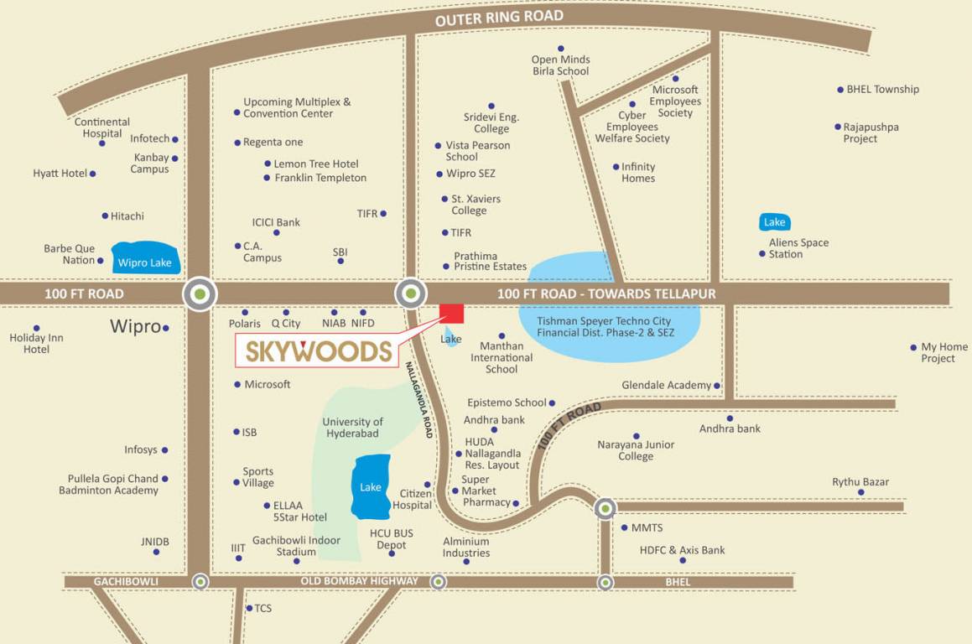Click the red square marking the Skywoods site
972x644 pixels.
click(452, 313)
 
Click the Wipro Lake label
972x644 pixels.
click(144, 262)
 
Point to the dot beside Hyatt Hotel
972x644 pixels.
click(92, 174)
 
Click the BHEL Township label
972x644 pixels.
click(882, 89)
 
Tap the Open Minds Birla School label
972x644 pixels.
click(561, 65)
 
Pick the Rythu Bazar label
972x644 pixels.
click(860, 482)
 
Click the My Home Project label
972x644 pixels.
click(943, 352)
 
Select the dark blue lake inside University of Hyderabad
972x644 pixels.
click(371, 486)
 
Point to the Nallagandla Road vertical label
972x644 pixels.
click(418, 399)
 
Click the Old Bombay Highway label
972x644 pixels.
click(360, 581)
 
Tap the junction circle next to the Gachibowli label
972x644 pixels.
click(200, 581)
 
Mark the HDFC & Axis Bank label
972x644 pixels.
click(682, 550)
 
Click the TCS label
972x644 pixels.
click(262, 608)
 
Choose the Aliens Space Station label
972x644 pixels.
click(798, 248)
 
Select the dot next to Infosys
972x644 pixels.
click(164, 450)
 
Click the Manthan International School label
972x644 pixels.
click(502, 357)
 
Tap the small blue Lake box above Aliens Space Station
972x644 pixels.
click(774, 222)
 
